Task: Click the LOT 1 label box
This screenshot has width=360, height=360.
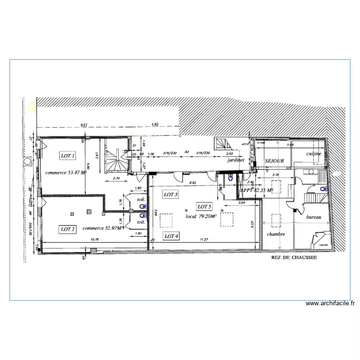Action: click(x=67, y=156)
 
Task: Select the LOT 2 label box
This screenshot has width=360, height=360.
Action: click(x=67, y=229)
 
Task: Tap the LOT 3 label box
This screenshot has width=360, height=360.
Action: click(x=171, y=194)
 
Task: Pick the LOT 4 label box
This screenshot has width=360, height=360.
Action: click(x=171, y=236)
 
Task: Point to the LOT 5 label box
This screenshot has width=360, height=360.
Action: click(x=204, y=206)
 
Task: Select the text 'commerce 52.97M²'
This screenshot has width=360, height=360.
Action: click(x=103, y=228)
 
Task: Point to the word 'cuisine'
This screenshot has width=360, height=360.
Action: click(x=314, y=153)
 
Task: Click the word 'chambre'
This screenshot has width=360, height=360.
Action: click(x=276, y=234)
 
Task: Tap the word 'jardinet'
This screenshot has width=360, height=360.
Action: click(x=236, y=161)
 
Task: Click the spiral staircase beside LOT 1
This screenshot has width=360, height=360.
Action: click(x=115, y=159)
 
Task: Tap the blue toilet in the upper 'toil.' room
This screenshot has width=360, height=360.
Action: click(x=142, y=206)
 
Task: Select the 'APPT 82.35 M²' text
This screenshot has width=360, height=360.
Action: click(x=256, y=191)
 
